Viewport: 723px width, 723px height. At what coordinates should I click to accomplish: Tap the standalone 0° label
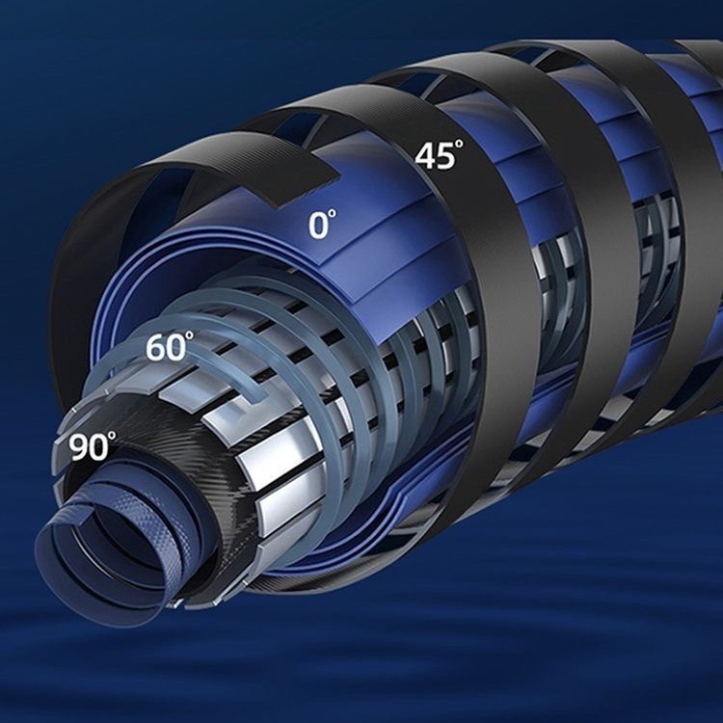pos(322,224)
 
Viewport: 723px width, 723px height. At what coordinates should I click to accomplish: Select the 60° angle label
pos(170,346)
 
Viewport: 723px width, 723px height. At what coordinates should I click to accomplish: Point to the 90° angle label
pos(93,445)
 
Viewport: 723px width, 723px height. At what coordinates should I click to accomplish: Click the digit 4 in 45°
pos(424,156)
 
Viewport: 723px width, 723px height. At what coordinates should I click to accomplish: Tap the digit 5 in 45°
pos(444,157)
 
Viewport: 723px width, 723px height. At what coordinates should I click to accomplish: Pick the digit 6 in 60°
pos(156,347)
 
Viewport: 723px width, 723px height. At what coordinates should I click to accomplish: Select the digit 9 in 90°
pos(79,447)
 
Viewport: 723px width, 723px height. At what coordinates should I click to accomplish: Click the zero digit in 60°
pos(176,348)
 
